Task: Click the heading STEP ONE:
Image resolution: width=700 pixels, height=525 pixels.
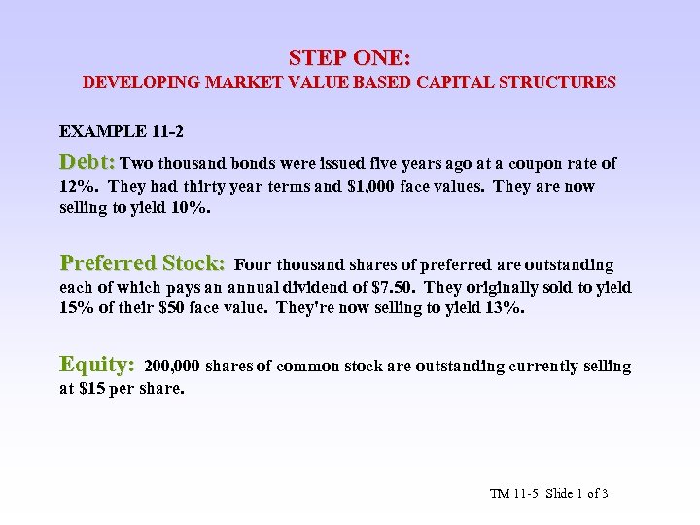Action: [x=349, y=58]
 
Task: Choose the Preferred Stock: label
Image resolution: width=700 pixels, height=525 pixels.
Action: [x=143, y=263]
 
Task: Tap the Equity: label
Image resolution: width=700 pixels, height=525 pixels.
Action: [x=97, y=365]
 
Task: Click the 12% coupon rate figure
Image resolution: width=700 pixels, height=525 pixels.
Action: [x=75, y=186]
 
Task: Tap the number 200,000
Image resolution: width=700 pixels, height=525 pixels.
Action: [x=172, y=367]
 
